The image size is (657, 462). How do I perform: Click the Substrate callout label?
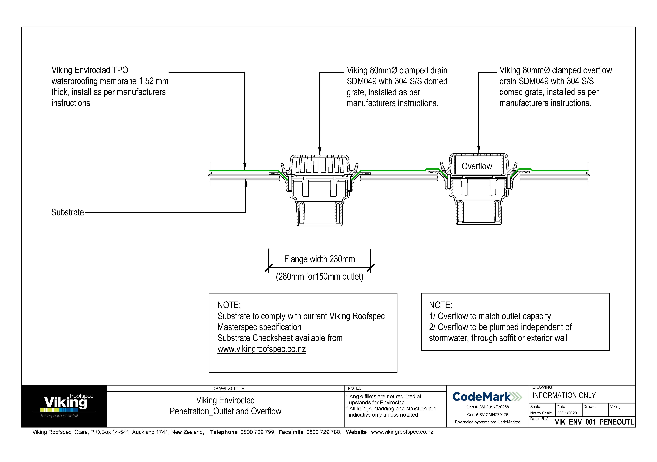coord(68,212)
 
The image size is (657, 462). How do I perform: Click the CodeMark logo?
coord(487,397)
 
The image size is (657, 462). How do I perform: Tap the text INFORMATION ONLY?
coord(564,396)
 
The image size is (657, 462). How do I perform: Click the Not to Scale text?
coord(541,413)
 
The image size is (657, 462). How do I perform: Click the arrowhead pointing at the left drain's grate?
coord(320,152)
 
